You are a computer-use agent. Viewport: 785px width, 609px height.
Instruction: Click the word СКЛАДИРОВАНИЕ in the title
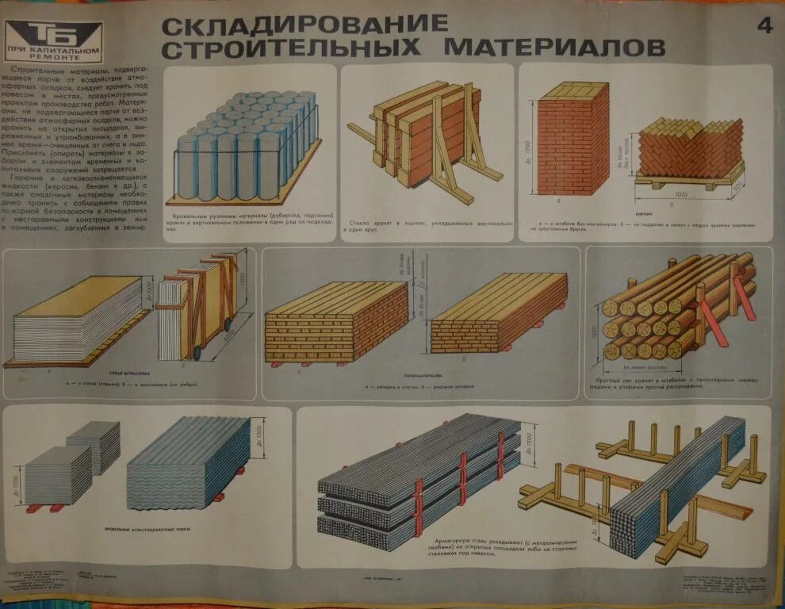tap(304, 24)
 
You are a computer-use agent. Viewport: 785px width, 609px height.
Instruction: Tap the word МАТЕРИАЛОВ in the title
tap(554, 48)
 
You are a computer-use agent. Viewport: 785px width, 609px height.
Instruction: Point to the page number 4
tap(764, 25)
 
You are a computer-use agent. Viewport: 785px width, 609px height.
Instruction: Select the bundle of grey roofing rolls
tap(246, 147)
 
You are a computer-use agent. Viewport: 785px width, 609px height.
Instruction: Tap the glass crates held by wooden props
tap(428, 135)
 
